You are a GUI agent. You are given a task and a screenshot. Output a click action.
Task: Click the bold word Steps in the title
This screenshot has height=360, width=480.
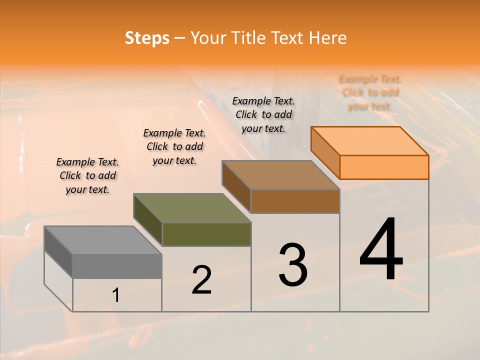coord(147,38)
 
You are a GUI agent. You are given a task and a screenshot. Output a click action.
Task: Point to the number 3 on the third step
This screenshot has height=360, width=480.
coord(293,265)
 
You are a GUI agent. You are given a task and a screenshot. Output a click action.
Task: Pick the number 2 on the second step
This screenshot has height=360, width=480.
coord(202,280)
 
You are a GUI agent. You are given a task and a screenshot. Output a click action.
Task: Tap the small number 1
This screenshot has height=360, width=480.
coord(116,295)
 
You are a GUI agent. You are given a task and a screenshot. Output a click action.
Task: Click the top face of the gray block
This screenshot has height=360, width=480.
coord(103,240)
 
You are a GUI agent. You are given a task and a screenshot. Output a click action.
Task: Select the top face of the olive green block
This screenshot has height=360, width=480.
coord(192,208)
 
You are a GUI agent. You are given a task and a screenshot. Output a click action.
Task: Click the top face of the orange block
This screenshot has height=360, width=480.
coord(370,141)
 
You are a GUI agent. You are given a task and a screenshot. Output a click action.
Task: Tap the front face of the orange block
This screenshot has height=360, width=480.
coord(384,167)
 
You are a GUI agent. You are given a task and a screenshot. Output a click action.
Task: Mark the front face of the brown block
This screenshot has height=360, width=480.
coord(295,201)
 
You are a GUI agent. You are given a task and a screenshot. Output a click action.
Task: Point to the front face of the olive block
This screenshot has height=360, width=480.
coord(206,234)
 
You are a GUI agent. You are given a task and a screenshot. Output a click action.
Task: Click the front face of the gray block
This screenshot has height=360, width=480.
coord(117,266)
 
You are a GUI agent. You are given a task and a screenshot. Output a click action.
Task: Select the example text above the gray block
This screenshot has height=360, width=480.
coord(88,175)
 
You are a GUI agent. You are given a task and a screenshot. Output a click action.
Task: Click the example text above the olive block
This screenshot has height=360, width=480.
coord(174,146)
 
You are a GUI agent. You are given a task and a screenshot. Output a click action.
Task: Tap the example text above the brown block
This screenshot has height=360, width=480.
coord(263,114)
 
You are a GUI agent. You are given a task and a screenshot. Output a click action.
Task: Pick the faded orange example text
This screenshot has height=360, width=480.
coord(370,92)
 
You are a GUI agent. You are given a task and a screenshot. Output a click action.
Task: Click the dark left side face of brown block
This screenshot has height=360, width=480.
coord(236,186)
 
